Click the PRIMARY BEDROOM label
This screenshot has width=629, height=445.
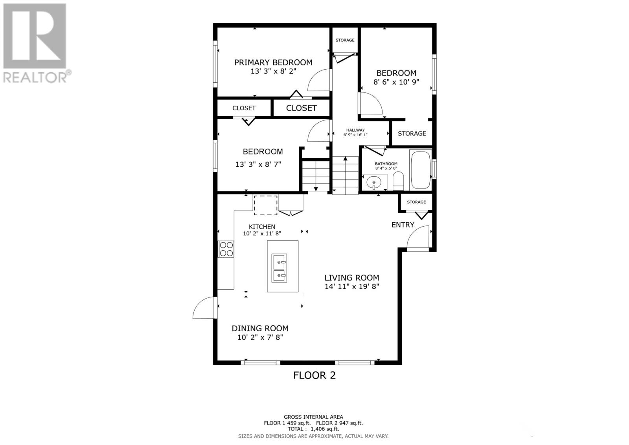(x=273, y=63)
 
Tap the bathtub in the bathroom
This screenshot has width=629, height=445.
(x=420, y=170)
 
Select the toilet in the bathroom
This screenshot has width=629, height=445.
(x=398, y=181)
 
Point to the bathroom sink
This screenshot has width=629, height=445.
(x=374, y=182)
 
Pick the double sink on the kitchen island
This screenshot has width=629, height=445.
(x=279, y=268)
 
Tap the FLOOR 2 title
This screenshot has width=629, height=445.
(x=314, y=375)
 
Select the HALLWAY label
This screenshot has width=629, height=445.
(x=355, y=130)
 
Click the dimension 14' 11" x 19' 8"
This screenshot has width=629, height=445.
(x=352, y=286)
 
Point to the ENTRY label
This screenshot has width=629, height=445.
(x=403, y=225)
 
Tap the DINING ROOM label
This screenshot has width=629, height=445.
(x=260, y=328)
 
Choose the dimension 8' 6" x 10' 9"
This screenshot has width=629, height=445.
(x=396, y=82)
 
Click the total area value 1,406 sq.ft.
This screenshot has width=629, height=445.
(x=325, y=429)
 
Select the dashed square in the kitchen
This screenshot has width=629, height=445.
(x=266, y=205)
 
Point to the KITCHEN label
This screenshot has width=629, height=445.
(x=262, y=227)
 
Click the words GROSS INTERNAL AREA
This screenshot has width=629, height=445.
(x=313, y=417)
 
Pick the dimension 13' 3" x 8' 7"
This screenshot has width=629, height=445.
(x=258, y=164)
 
